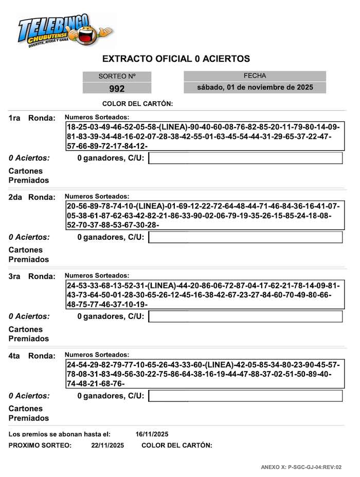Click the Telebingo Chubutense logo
coord(64,31)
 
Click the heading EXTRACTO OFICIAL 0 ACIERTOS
coord(176,59)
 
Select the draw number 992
coord(117,89)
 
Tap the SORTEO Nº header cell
coord(117,76)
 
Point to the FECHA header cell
coord(255,76)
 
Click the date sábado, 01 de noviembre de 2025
coord(255,87)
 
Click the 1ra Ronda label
coord(32,118)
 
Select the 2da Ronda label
coord(32,198)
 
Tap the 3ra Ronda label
coord(32,277)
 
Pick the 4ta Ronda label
coord(32,356)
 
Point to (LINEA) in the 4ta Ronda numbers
coord(215,365)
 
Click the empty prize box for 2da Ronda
coord(245,237)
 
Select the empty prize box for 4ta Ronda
coord(245,396)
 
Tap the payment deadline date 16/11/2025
coord(152,434)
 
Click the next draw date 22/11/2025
coord(107,445)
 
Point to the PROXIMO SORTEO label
coord(40,445)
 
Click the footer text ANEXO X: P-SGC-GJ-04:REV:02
coord(301,467)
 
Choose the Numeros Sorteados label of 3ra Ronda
coord(97,276)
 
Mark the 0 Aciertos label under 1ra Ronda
coord(29,158)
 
